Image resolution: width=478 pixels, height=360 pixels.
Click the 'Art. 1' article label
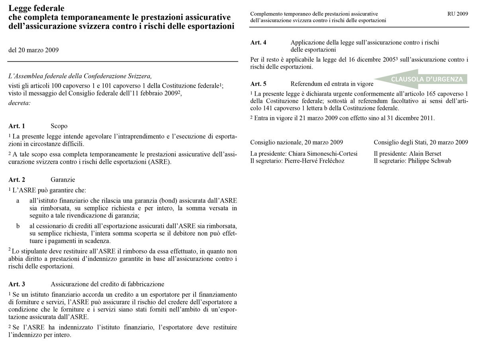(17, 126)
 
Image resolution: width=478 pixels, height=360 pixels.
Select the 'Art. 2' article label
(17, 180)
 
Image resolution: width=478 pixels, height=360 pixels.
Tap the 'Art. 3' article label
(17, 284)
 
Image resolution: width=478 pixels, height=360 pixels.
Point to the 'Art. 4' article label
(258, 42)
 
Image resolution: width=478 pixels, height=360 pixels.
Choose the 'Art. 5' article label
(258, 84)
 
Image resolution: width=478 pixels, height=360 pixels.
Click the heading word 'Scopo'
(59, 126)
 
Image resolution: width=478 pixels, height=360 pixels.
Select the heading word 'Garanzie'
(63, 180)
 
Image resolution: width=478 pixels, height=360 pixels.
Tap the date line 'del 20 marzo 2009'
(33, 50)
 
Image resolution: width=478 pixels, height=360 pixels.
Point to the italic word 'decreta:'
(19, 103)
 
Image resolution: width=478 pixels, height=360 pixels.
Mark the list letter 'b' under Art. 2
(18, 226)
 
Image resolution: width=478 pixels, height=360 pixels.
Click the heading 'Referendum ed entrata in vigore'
(332, 84)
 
